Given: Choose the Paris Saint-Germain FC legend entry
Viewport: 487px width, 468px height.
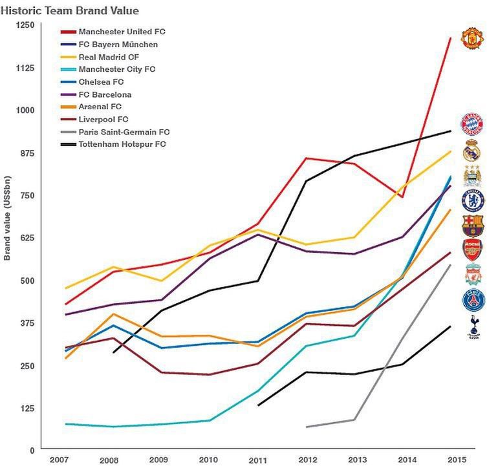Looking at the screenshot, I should [x=124, y=132].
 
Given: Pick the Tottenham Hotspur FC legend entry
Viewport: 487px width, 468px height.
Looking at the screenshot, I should [x=122, y=144].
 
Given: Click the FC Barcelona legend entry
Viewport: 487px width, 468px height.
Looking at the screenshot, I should [x=105, y=94].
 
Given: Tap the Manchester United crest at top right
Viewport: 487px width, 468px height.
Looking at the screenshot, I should [x=472, y=38].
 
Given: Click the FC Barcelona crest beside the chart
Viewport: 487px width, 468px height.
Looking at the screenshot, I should [x=472, y=225].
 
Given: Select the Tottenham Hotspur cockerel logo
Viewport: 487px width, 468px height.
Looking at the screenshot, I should [x=472, y=327].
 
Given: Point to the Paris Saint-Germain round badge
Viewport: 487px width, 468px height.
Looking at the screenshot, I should [x=472, y=301].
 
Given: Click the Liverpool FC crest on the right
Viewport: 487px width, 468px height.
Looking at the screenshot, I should [x=472, y=275].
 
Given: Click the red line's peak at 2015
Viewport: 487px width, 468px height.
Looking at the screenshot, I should [x=451, y=38].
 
